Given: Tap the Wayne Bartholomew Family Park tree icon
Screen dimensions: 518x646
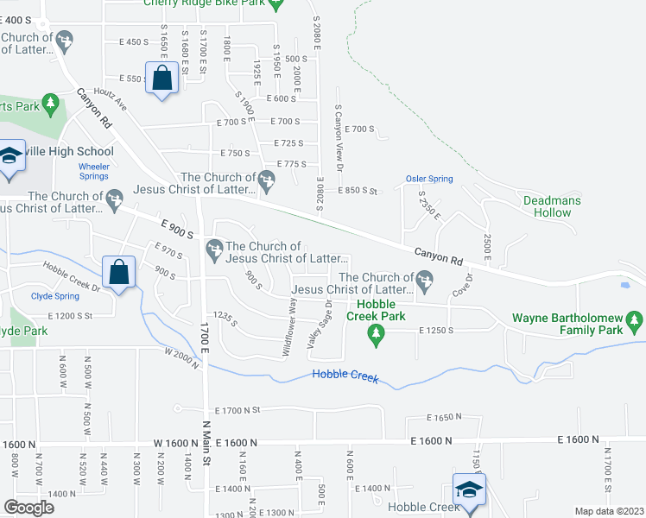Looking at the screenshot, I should click(636, 323).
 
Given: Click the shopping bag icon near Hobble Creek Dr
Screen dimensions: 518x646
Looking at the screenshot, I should click(118, 272).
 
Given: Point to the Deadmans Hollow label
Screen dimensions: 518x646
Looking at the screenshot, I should click(552, 206).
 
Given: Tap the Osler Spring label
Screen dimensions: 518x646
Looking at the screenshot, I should click(428, 179).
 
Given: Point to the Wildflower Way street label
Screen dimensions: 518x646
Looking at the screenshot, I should click(291, 327).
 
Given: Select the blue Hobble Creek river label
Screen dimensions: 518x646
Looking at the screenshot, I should click(345, 375).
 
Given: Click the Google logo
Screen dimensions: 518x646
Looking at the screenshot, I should click(28, 507).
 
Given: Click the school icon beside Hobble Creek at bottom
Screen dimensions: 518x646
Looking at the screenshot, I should click(468, 489).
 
